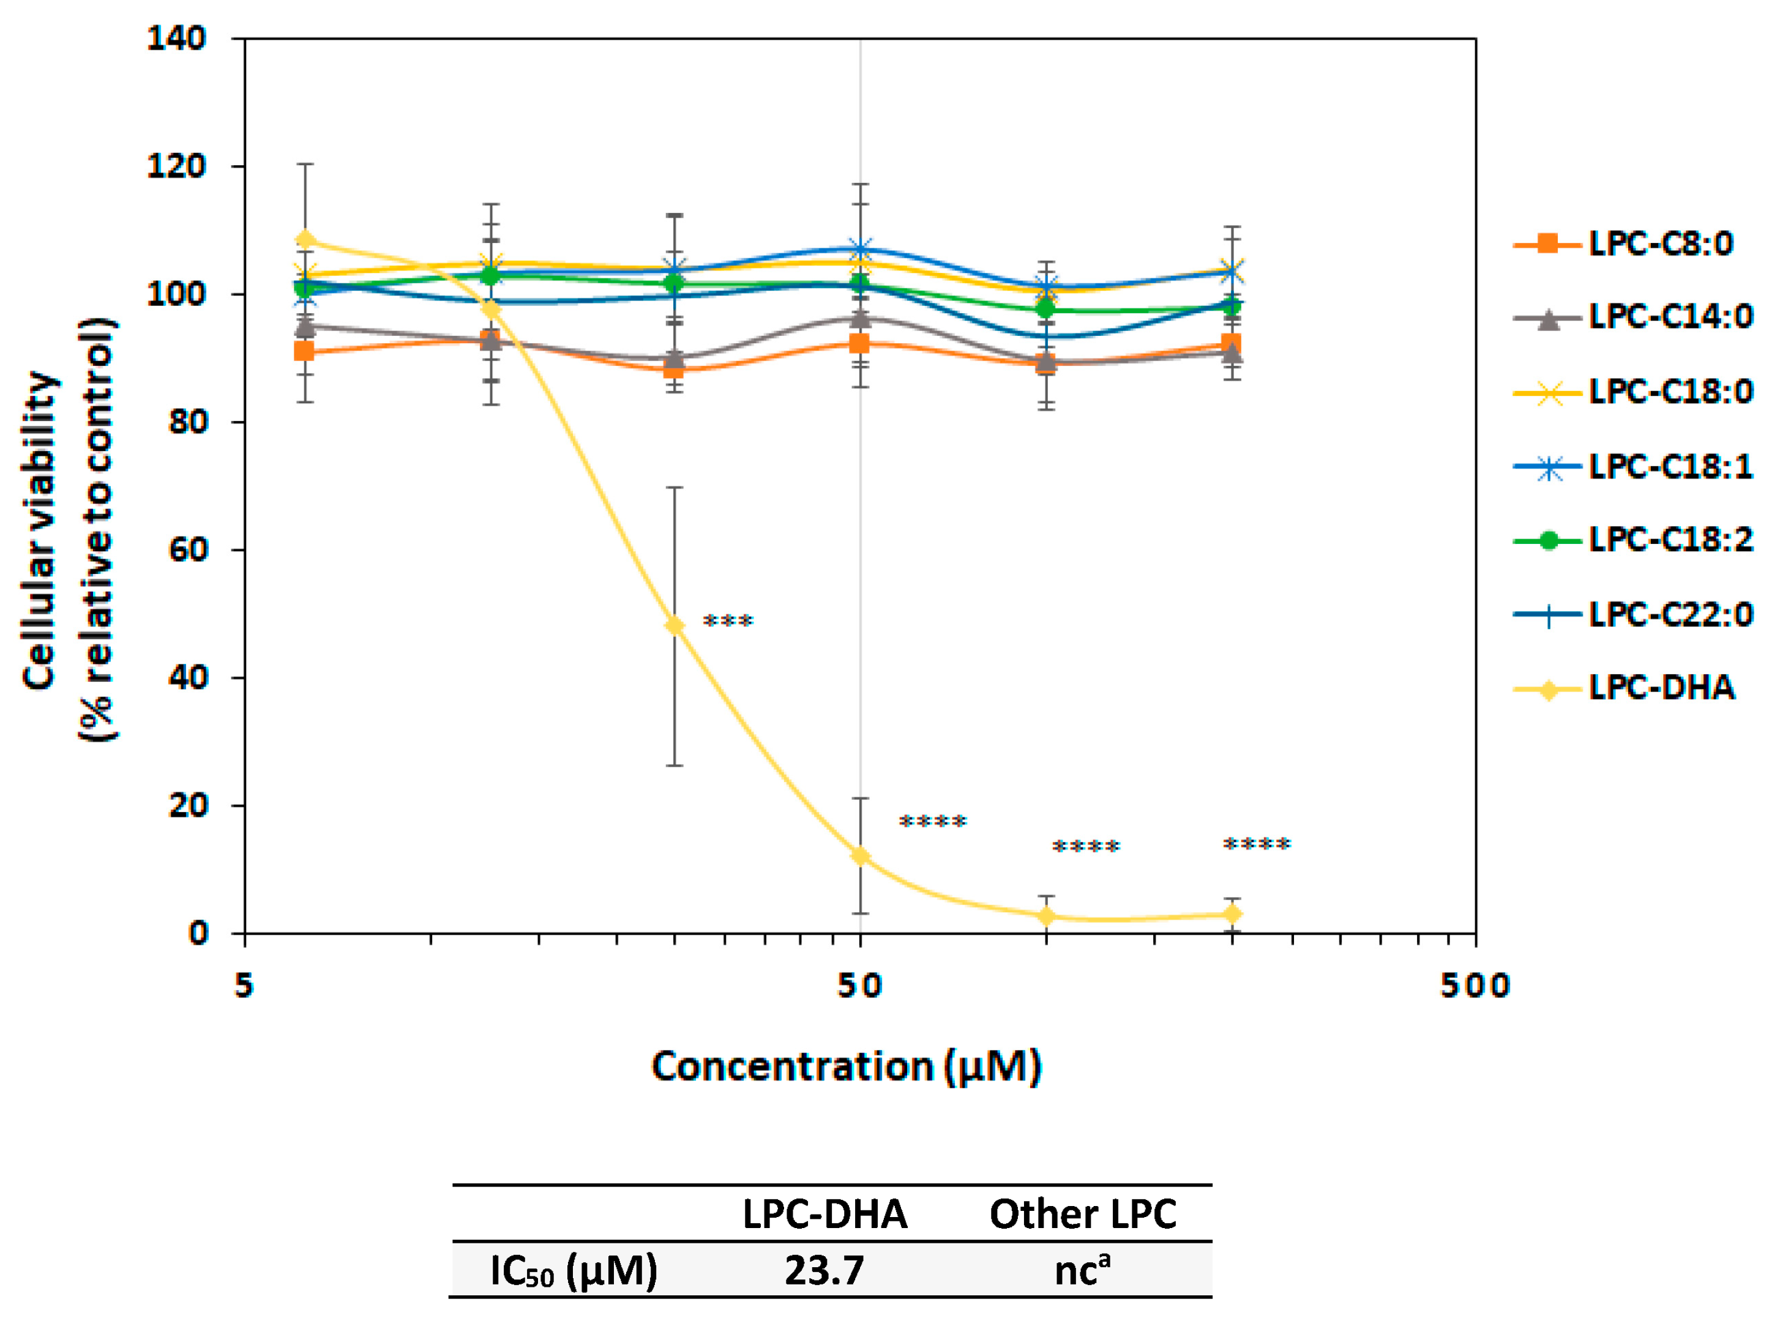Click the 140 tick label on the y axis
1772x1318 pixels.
[x=176, y=39]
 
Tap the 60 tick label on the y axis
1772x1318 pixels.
[x=187, y=549]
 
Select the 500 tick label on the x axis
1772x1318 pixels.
[x=1475, y=987]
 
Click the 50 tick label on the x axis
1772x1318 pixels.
[x=859, y=987]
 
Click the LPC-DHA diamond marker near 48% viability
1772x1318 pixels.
[x=675, y=625]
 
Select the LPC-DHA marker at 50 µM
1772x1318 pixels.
[x=859, y=856]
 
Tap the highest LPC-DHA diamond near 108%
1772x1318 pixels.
[x=305, y=240]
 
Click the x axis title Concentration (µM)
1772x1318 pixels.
[x=846, y=1067]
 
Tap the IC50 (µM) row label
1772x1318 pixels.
[x=573, y=1270]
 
